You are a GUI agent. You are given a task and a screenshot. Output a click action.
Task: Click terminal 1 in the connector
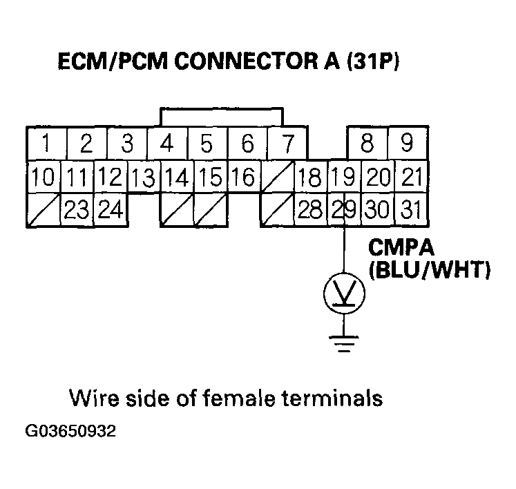pyautogui.click(x=46, y=144)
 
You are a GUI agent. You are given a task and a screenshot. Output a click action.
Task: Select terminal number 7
pyautogui.click(x=287, y=144)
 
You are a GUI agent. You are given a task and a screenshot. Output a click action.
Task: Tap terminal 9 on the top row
pyautogui.click(x=408, y=144)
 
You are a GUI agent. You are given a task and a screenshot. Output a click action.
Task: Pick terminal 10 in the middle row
pyautogui.click(x=43, y=177)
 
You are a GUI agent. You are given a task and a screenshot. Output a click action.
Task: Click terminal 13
pyautogui.click(x=143, y=177)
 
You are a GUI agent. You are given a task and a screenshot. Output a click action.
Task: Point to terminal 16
pyautogui.click(x=243, y=177)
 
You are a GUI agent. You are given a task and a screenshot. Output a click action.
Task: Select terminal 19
pyautogui.click(x=343, y=177)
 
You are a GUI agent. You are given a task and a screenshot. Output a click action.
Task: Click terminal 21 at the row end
pyautogui.click(x=411, y=177)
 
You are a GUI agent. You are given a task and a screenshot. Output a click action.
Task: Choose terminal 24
pyautogui.click(x=110, y=209)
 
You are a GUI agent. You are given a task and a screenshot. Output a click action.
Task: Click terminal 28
pyautogui.click(x=310, y=209)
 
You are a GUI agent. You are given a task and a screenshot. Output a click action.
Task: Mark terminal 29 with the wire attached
pyautogui.click(x=343, y=209)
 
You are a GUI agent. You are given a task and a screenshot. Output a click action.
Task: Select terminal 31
pyautogui.click(x=411, y=209)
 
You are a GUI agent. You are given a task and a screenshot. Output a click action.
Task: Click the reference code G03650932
pyautogui.click(x=70, y=432)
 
